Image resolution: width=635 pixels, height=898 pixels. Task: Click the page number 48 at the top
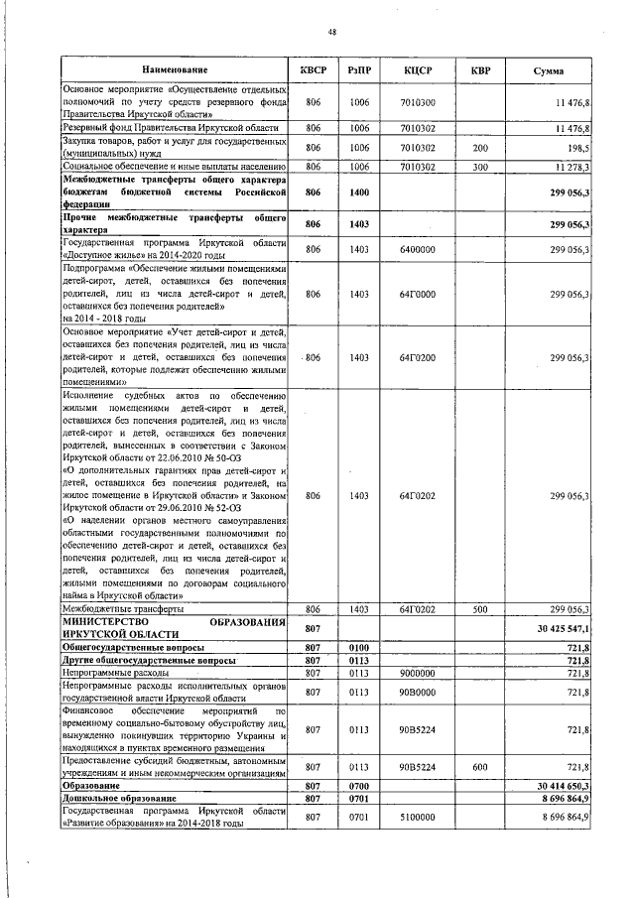[331, 32]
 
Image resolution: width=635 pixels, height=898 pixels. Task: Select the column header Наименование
[175, 70]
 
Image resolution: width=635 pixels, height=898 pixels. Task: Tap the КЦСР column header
[417, 70]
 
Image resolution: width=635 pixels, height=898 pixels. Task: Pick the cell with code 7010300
[417, 102]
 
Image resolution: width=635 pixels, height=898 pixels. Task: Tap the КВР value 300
[479, 167]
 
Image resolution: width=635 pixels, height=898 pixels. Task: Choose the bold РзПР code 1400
[359, 192]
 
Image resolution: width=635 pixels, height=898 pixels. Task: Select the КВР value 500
[479, 608]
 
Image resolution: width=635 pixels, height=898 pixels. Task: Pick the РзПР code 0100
[359, 646]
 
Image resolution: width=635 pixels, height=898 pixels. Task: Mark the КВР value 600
[479, 768]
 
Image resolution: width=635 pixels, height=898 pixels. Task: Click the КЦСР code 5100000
[417, 816]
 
